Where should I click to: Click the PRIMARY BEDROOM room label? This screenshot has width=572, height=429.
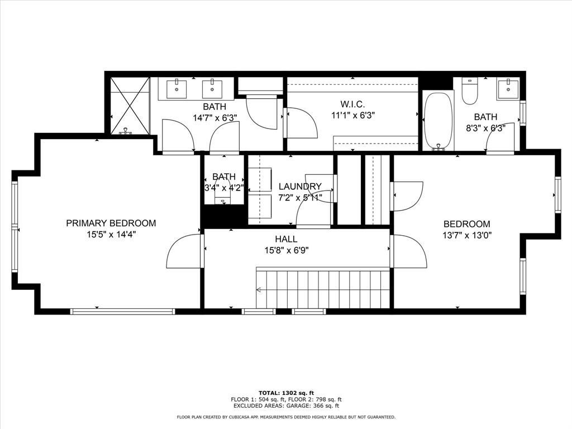pos(111,223)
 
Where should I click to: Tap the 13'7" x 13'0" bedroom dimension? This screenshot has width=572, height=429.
pos(467,235)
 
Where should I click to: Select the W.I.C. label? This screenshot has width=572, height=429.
pos(352,104)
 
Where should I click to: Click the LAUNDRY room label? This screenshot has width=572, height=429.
pos(300,186)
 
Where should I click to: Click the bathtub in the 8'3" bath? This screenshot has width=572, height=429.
pos(438,120)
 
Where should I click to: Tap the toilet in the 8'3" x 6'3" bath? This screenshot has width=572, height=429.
pos(470,91)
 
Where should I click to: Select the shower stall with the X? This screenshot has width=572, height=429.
pos(130,106)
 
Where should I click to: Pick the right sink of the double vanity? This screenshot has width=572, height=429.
pos(212,88)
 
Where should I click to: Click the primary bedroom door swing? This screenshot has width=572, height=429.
pos(184,251)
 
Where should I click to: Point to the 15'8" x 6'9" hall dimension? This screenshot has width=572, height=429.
pos(285,250)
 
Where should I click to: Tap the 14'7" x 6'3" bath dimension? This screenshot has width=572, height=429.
pos(214,117)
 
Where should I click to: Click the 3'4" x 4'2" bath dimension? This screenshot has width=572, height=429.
pos(223,188)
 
